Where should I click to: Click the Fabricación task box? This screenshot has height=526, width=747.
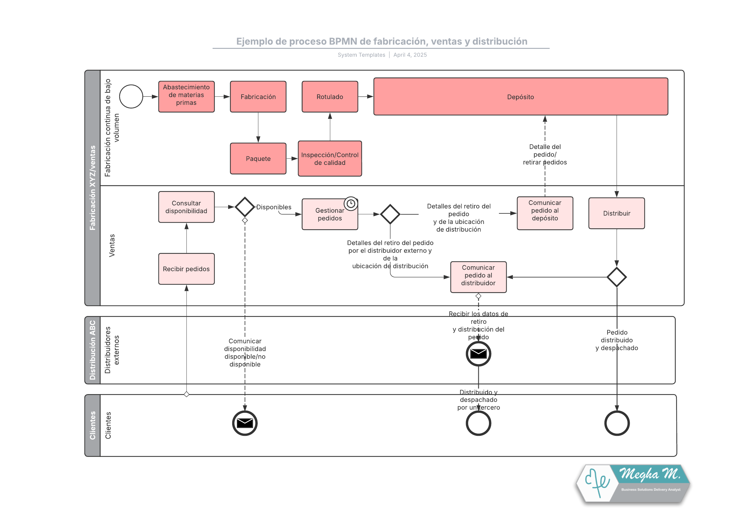(258, 96)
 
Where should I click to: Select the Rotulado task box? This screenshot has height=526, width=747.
(330, 96)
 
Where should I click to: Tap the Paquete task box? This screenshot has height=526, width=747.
(258, 158)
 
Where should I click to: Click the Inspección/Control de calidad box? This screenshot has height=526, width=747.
(330, 158)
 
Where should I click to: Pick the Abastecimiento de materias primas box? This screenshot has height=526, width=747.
(186, 96)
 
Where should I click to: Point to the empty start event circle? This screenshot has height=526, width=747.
(131, 96)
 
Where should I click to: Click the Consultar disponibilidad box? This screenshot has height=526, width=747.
(186, 207)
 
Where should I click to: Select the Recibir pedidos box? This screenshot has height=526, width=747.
(186, 269)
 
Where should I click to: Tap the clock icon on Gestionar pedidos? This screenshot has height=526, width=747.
(351, 204)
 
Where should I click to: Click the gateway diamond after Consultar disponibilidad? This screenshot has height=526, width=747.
(245, 207)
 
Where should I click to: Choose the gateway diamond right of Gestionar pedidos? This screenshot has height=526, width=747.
(390, 214)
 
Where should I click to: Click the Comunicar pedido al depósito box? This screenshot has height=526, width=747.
(545, 213)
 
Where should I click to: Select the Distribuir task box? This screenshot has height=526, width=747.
(616, 213)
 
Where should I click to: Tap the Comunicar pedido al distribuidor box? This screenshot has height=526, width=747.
(478, 277)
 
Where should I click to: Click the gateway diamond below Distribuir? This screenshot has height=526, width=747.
(616, 277)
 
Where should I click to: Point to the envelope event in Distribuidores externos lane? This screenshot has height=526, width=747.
(478, 353)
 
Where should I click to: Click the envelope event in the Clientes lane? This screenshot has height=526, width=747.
(245, 423)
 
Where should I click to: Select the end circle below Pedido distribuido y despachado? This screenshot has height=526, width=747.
(617, 423)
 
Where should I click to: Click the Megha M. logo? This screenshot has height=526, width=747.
(632, 483)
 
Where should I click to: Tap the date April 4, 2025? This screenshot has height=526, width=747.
(410, 55)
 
